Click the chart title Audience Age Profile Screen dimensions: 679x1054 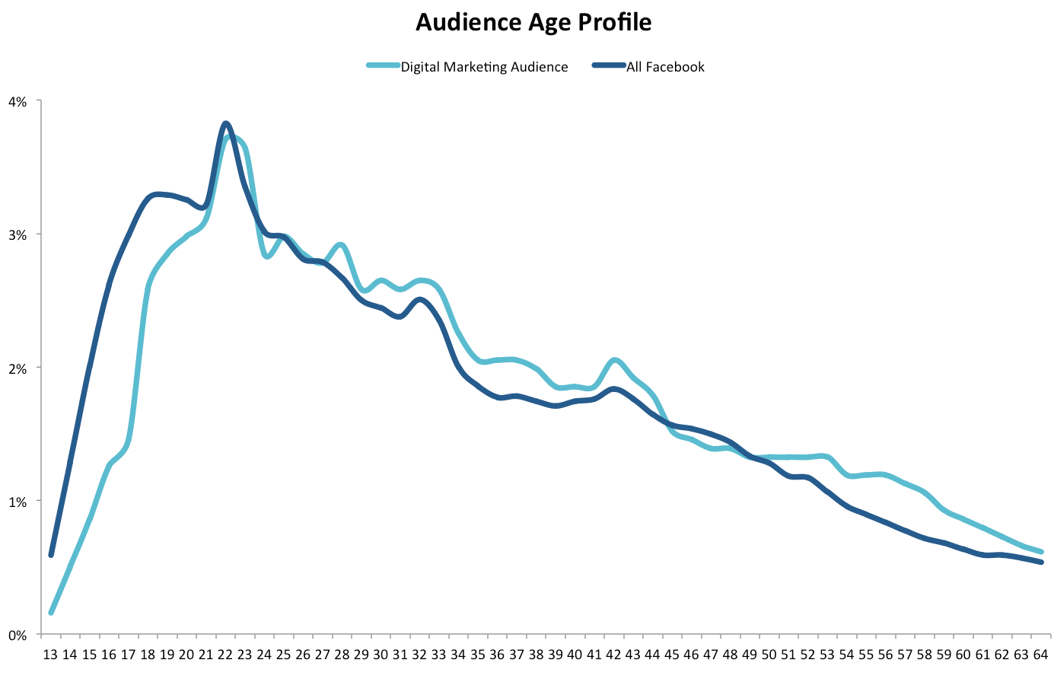[533, 22]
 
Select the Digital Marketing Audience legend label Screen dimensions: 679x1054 [484, 67]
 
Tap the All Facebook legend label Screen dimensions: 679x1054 [665, 67]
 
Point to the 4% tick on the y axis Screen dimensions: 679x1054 [18, 100]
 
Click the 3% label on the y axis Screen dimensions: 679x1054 [18, 234]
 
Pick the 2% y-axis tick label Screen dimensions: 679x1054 [18, 368]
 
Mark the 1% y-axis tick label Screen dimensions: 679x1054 [18, 502]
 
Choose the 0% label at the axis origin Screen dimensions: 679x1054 [18, 635]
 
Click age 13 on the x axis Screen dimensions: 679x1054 [50, 655]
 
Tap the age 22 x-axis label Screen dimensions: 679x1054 [225, 655]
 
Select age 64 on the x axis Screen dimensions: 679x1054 [1041, 655]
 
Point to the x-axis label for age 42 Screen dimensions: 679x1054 [613, 655]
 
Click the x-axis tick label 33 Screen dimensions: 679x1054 [439, 655]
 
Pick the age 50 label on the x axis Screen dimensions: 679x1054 [769, 655]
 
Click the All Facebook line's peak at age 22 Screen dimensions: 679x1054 [225, 123]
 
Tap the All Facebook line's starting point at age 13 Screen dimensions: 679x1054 [51, 555]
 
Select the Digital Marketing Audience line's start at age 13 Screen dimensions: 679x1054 [51, 612]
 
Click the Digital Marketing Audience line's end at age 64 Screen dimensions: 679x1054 [1041, 551]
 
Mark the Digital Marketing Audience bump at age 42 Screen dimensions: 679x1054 [615, 360]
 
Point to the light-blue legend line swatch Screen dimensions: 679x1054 [383, 66]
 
